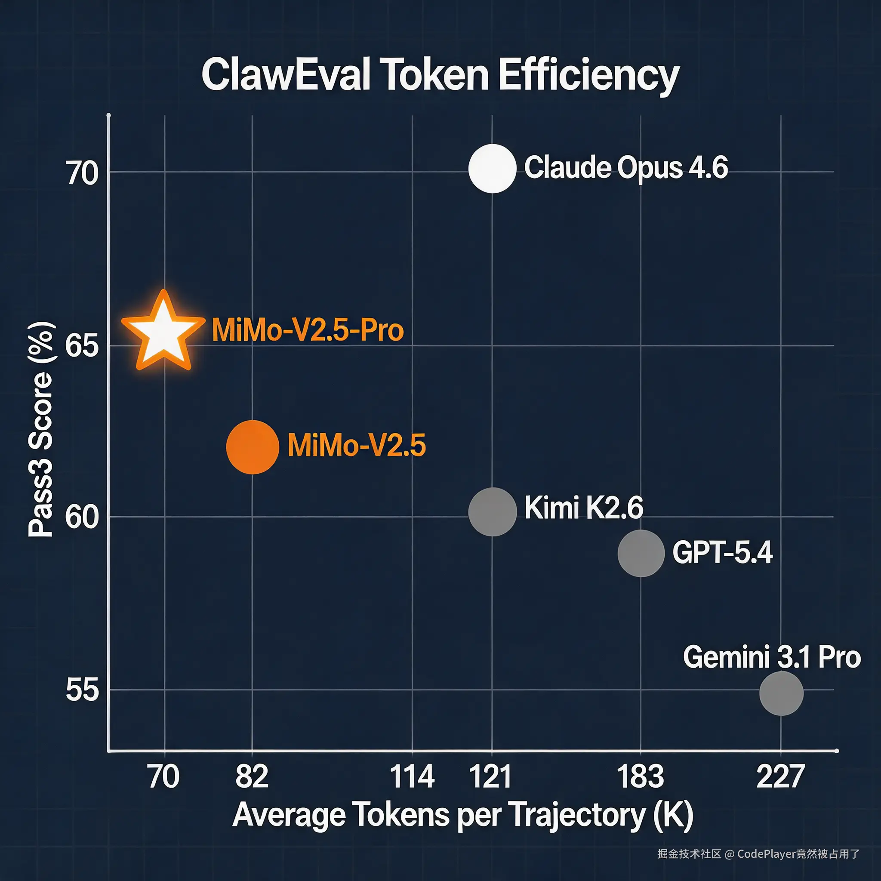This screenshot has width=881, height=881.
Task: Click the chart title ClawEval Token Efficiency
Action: [x=440, y=75]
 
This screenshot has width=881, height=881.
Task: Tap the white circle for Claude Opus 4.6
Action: [x=492, y=168]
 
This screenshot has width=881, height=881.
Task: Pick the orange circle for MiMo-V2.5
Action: [x=252, y=447]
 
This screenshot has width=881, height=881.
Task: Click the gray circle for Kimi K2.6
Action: [x=493, y=511]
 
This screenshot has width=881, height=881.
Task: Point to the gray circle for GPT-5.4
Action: [x=641, y=553]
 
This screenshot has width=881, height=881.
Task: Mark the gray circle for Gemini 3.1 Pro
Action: [x=781, y=693]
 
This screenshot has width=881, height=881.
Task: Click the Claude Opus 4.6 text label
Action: [x=625, y=167]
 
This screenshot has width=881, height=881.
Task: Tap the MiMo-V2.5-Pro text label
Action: [x=308, y=330]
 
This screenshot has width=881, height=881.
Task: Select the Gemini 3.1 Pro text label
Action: [x=772, y=657]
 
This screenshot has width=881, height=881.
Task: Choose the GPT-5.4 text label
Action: [x=722, y=553]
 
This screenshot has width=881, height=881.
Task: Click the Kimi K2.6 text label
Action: [x=583, y=508]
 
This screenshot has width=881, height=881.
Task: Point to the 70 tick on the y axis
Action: [x=82, y=174]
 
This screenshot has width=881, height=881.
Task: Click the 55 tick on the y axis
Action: [x=82, y=690]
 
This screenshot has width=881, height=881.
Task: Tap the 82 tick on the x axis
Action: [x=252, y=777]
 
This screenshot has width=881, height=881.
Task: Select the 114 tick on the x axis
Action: [x=412, y=777]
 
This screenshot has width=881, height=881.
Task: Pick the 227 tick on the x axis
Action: [x=780, y=777]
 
